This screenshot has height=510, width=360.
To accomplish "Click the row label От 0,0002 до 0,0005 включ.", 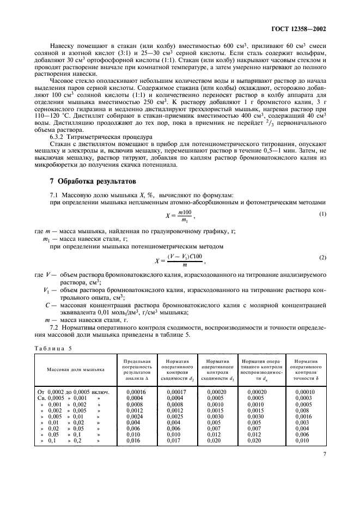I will click(74, 392).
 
